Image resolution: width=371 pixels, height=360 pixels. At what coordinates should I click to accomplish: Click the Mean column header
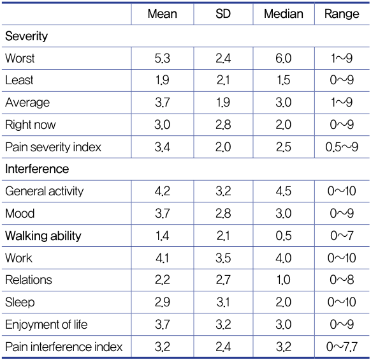pos(163,14)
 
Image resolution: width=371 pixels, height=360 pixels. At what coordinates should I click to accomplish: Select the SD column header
pos(223,14)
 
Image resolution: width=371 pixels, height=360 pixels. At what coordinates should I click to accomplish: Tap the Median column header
pos(284,14)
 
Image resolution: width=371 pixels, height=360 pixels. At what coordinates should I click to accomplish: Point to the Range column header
pos(342,14)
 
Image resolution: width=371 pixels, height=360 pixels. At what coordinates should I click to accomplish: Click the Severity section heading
pos(27,36)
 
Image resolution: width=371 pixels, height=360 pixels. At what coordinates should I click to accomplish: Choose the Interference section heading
pos(37,169)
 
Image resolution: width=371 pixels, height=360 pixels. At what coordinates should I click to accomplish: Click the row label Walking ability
pos(43,236)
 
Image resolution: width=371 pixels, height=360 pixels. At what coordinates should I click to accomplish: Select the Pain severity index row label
pos(53,147)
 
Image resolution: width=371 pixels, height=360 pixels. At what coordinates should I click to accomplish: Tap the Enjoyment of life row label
pos(46,324)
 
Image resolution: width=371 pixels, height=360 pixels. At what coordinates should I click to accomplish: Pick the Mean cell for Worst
pos(163,58)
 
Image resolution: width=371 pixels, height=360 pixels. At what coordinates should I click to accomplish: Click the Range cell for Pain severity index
pos(342,147)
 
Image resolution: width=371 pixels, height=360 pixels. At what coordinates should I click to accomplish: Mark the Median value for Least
pos(284,80)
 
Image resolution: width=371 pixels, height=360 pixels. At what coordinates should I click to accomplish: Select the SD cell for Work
pos(223,258)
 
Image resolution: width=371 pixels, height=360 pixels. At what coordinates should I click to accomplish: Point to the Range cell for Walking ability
pos(342,236)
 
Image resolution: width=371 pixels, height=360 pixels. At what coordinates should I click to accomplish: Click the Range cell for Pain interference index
pos(342,347)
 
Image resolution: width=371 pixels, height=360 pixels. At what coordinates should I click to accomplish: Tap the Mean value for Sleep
pos(163,303)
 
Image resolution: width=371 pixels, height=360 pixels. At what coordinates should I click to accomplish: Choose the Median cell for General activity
pos(284,191)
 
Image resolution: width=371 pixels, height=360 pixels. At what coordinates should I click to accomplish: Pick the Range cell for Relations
pos(342,280)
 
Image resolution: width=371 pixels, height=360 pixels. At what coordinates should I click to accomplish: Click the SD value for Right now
pos(223,125)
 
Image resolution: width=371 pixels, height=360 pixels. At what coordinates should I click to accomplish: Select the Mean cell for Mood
pos(163,214)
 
